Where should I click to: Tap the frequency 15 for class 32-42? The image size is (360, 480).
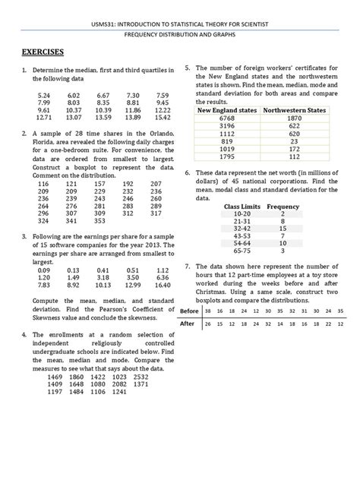pos(283,228)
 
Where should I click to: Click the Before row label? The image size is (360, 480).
pos(189,311)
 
